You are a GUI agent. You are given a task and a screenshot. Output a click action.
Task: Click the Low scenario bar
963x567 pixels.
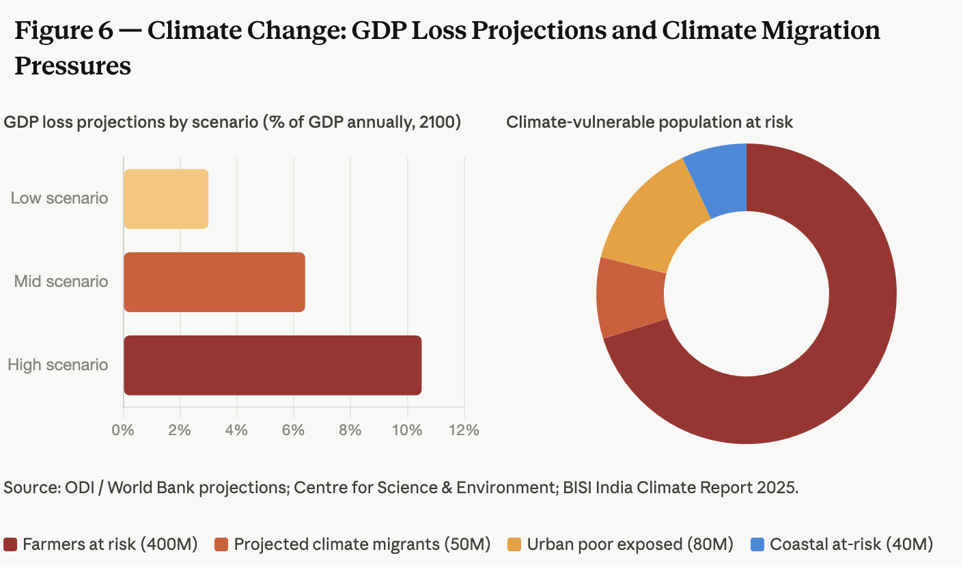point(166,199)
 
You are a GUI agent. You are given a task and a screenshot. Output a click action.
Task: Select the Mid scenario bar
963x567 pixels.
point(214,282)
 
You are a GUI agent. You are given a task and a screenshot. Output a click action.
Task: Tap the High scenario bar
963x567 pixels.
point(272,365)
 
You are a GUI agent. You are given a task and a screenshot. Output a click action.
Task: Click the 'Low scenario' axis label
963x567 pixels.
point(59,198)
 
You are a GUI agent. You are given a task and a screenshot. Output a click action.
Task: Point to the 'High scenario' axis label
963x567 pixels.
point(58,365)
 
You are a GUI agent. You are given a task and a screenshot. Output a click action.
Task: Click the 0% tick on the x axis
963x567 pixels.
point(123,430)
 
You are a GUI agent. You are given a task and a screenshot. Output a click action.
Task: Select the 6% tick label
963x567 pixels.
point(293,430)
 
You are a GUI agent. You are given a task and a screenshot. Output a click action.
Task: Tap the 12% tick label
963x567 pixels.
point(463,430)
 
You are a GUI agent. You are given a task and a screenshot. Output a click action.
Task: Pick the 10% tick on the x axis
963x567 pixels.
point(406,430)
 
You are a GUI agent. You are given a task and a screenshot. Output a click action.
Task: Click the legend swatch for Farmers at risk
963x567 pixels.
point(10,544)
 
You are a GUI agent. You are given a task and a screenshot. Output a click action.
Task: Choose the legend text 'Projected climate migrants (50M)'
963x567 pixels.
point(362,544)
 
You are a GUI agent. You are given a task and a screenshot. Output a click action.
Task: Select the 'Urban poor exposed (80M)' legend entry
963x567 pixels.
point(629,544)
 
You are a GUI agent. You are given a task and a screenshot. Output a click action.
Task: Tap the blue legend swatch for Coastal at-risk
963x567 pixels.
point(757,544)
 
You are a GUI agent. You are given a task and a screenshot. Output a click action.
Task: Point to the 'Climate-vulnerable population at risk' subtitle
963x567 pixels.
point(650,122)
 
